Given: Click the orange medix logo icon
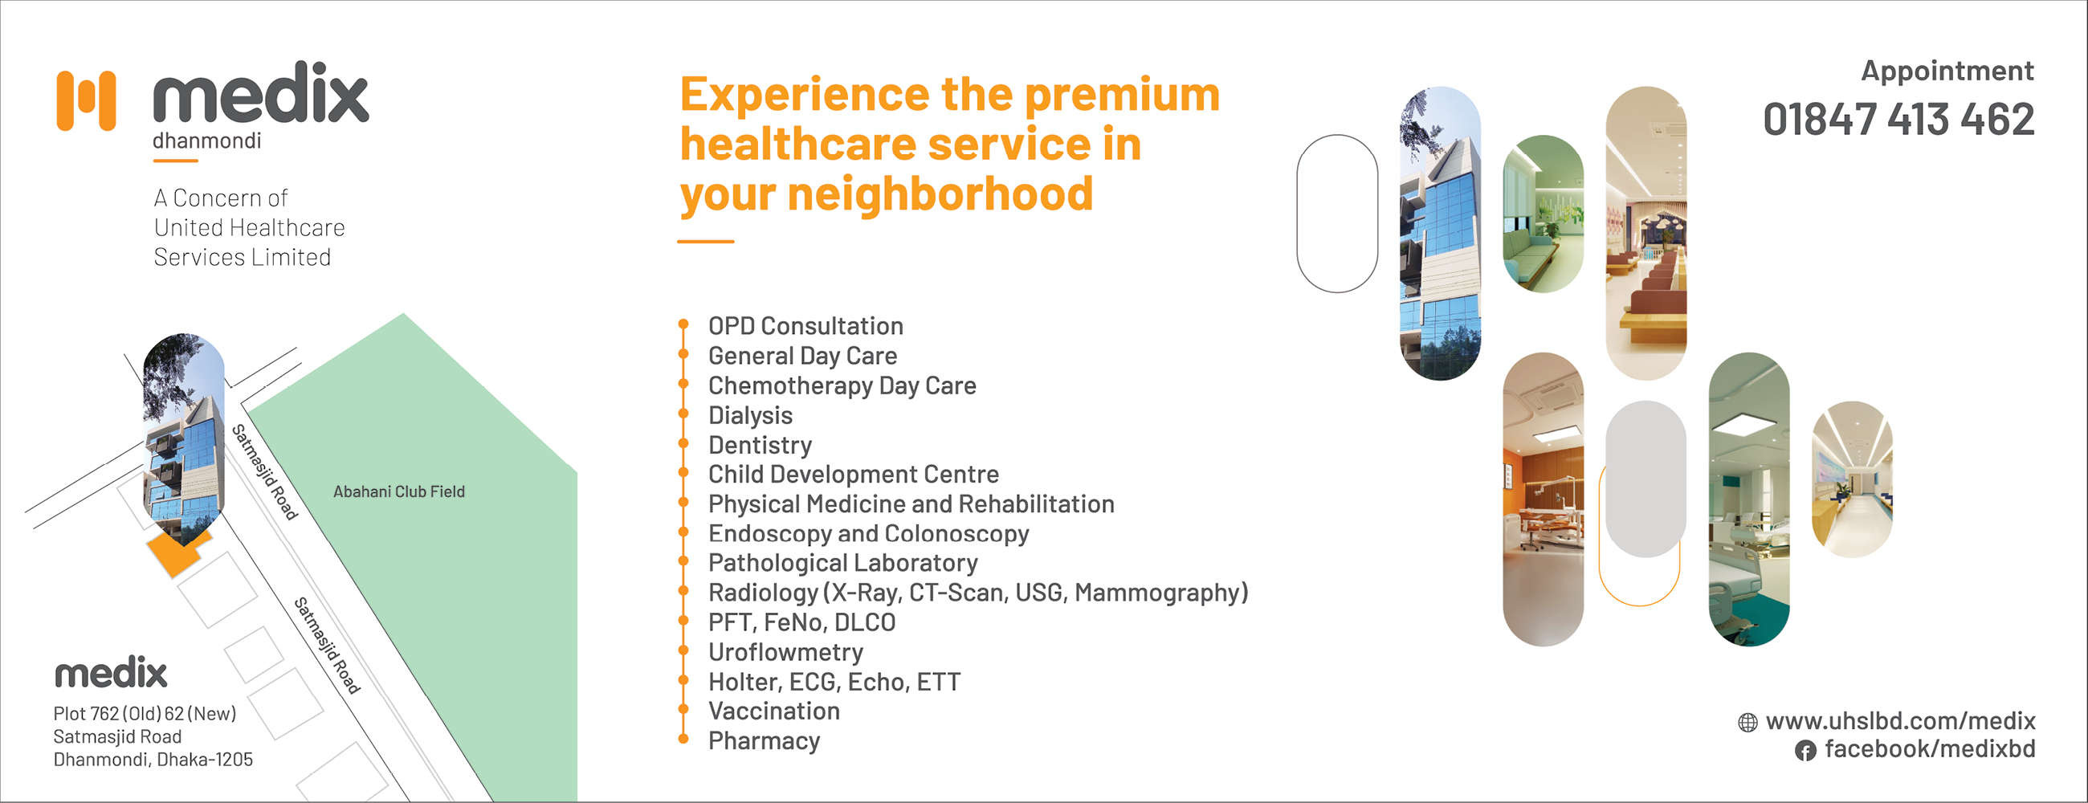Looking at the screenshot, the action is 86,100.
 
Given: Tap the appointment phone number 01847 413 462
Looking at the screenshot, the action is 1898,120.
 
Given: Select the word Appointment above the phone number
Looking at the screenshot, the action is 1947,71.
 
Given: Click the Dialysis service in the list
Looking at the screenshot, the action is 750,415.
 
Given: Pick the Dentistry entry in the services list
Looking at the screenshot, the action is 760,445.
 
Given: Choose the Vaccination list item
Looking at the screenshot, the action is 773,711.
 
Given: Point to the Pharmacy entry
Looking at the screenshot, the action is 764,740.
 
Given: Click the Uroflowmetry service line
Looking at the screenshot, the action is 785,651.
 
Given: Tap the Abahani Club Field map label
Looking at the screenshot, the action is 399,491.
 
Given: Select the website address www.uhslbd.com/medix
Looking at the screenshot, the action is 1900,720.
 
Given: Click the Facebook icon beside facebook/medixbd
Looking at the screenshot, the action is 1805,750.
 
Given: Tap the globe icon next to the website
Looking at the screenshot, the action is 1747,722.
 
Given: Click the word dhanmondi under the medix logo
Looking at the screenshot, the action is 206,141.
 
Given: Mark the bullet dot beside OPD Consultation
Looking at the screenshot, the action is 683,325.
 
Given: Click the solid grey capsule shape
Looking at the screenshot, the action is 1646,479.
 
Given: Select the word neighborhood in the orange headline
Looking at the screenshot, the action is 940,194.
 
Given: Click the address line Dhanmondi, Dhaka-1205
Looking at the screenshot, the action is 153,760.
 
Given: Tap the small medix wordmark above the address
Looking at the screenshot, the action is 111,674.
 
